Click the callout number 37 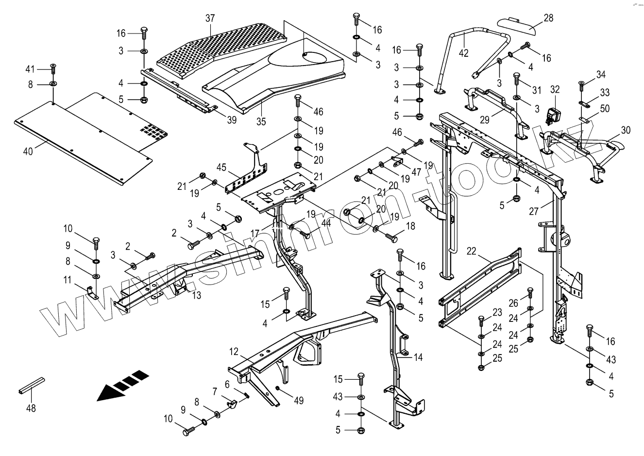tap(210, 18)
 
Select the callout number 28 tap(548, 18)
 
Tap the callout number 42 tap(464, 53)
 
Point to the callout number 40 tap(28, 152)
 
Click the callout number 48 tap(31, 408)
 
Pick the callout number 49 tap(298, 401)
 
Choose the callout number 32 tap(555, 89)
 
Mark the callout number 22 tap(472, 251)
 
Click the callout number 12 tap(234, 351)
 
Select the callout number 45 tap(221, 168)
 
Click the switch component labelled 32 tap(554, 115)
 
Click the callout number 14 tap(418, 357)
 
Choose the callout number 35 tap(261, 121)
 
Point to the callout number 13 tap(196, 295)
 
